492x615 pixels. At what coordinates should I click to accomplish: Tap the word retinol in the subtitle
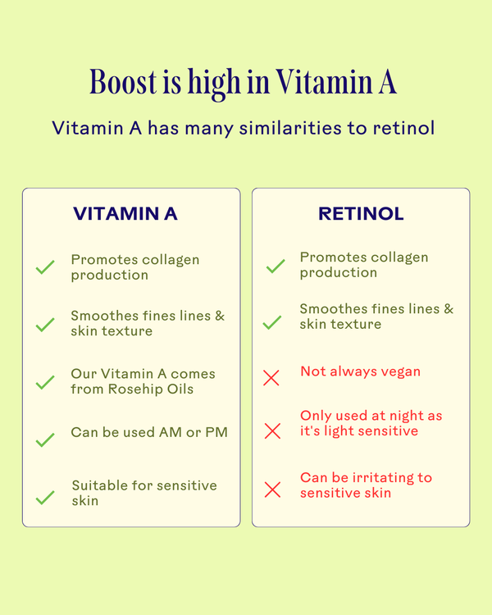click(405, 129)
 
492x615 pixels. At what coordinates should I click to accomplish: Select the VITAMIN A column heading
click(125, 214)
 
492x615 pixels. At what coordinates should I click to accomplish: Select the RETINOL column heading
click(361, 214)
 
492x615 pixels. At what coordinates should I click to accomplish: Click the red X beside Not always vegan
click(271, 378)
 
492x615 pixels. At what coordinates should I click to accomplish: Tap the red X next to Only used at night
click(272, 430)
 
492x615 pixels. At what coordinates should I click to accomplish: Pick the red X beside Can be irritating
click(272, 490)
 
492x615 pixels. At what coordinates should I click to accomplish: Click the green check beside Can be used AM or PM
click(45, 440)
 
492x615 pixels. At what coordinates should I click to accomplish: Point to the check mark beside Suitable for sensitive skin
click(45, 497)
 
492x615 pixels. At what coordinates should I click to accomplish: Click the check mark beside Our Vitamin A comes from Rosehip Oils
click(45, 383)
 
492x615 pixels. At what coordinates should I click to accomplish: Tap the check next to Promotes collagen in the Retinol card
click(276, 266)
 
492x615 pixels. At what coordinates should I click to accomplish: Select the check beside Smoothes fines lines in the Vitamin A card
click(45, 325)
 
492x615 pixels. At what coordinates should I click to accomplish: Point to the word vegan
click(399, 371)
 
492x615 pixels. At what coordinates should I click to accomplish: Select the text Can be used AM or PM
click(149, 432)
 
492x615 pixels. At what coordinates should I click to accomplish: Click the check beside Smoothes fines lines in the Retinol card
click(272, 322)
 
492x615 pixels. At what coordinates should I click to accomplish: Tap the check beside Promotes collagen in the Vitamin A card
click(45, 268)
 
